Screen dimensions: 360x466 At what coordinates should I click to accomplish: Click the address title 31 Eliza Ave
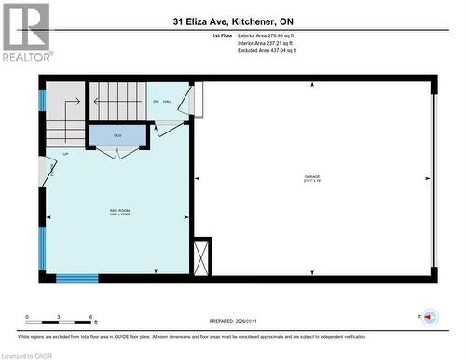coord(232,21)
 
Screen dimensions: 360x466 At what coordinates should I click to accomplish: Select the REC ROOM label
coord(119,211)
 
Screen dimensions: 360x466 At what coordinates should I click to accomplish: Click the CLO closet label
coord(118,136)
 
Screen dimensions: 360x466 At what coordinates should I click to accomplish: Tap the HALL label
coord(168,101)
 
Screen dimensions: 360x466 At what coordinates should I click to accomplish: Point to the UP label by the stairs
coord(65,154)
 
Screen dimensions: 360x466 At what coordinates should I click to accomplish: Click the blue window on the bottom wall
coord(76,277)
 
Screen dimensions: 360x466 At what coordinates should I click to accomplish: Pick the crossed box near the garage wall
coord(200,255)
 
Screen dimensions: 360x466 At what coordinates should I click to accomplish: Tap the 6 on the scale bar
coord(89,317)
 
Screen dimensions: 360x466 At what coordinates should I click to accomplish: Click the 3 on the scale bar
coord(59,317)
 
